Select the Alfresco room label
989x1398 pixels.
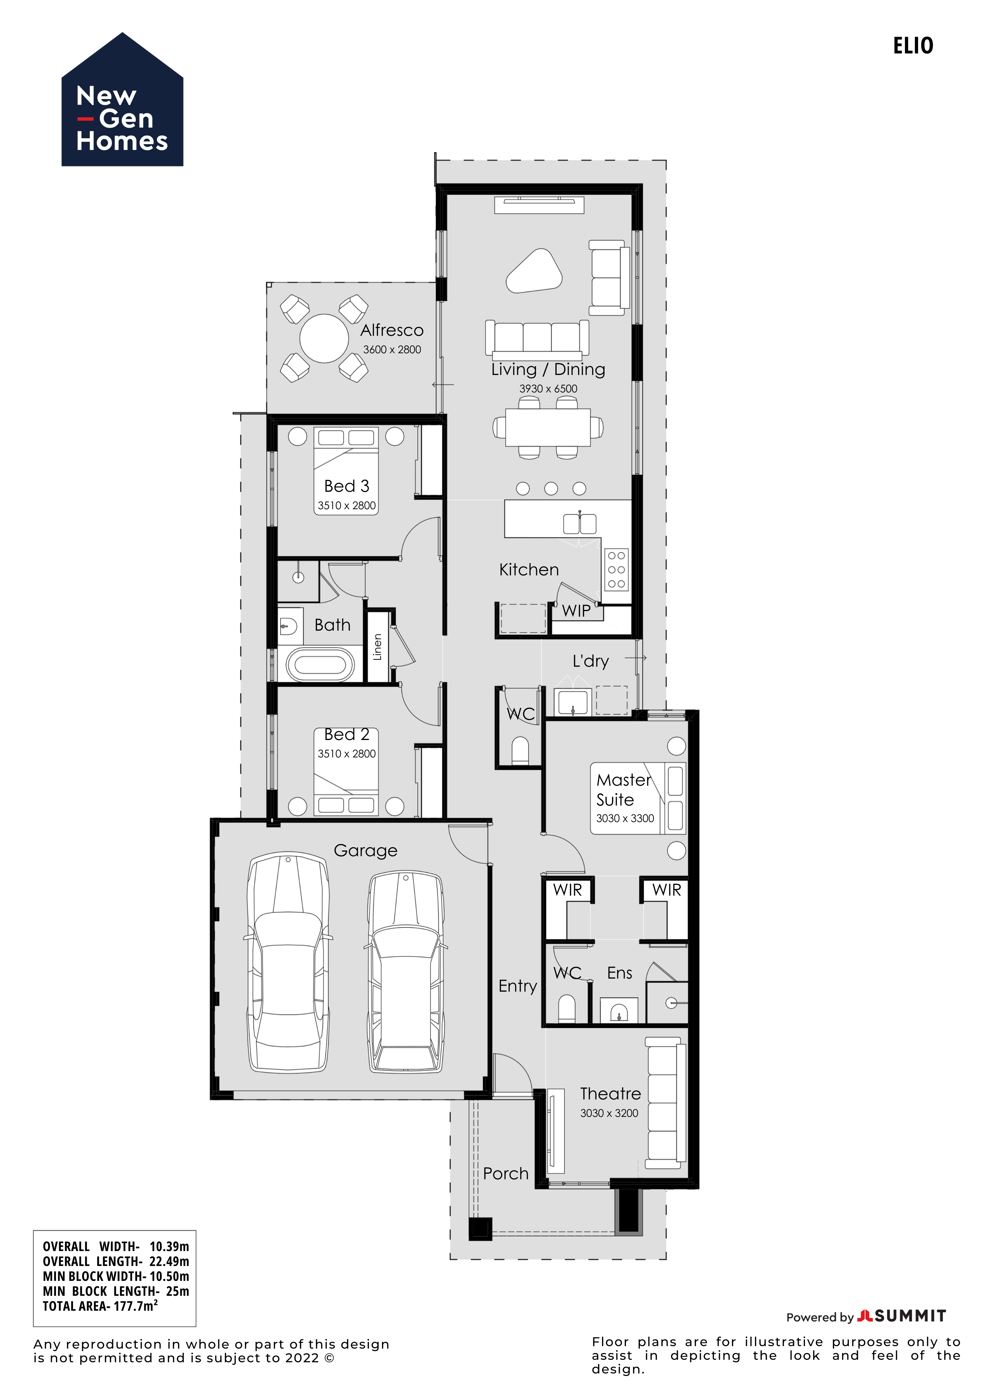click(392, 330)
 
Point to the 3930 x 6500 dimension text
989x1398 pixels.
click(548, 388)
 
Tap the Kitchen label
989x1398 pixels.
click(529, 570)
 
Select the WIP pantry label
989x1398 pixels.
click(576, 611)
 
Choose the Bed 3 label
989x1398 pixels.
click(347, 486)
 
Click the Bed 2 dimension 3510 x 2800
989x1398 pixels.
click(347, 754)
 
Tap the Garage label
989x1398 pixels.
click(366, 851)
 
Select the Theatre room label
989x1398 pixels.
click(610, 1094)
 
